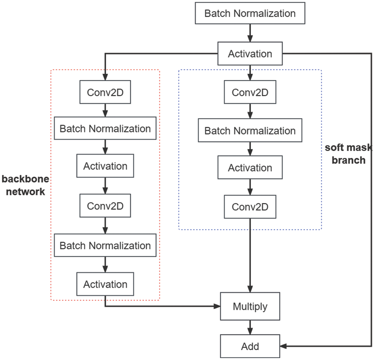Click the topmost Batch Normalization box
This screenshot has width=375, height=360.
(250, 13)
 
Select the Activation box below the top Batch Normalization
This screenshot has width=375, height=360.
(250, 54)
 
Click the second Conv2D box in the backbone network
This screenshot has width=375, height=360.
(105, 206)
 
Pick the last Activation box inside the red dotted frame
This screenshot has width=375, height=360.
(105, 284)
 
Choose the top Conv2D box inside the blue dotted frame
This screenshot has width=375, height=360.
(250, 93)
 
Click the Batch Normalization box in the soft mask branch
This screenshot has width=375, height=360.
(250, 131)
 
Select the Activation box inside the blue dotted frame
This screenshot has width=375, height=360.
(250, 168)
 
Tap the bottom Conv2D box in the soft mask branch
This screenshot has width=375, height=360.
(250, 207)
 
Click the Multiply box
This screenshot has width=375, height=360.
(250, 306)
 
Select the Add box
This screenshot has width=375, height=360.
(250, 347)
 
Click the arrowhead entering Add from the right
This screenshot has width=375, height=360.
(283, 347)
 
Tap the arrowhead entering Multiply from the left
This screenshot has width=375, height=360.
(217, 306)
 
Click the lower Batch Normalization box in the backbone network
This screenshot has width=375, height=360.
(105, 246)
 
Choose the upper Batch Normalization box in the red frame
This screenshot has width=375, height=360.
(105, 129)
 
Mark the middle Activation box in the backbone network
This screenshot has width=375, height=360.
(105, 166)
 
